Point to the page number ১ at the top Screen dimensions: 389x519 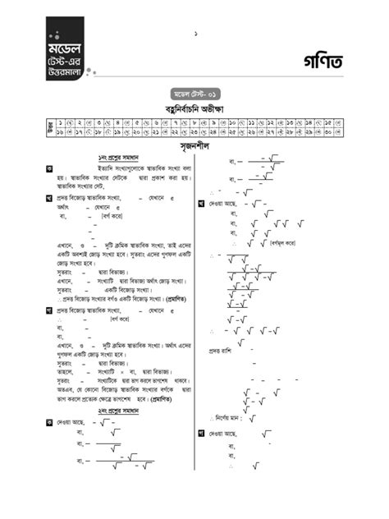click(195, 34)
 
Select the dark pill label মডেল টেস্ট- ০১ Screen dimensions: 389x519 click(195, 94)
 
